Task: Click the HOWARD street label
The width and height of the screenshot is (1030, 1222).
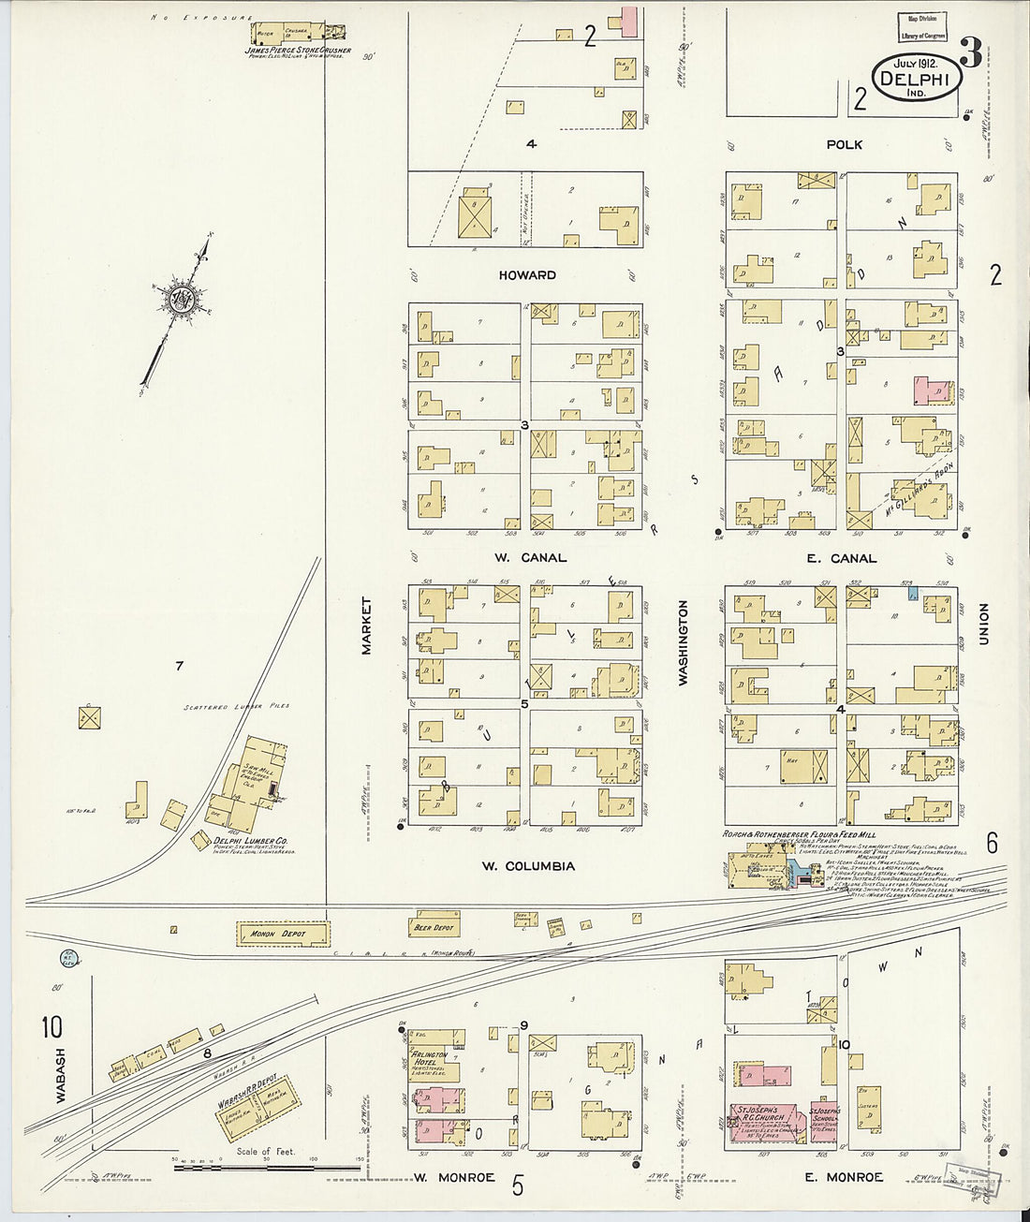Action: pyautogui.click(x=527, y=275)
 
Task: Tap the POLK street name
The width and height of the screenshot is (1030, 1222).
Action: pyautogui.click(x=844, y=145)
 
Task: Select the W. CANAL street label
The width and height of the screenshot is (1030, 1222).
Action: pyautogui.click(x=529, y=558)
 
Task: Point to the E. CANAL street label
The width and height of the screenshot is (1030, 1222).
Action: pyautogui.click(x=840, y=559)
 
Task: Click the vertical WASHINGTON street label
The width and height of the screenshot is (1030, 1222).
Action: pyautogui.click(x=684, y=642)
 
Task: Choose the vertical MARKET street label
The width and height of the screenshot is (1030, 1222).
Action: pyautogui.click(x=367, y=626)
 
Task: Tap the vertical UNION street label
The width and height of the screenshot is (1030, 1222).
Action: pyautogui.click(x=984, y=626)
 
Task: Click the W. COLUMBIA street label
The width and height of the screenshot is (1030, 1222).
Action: pyautogui.click(x=528, y=866)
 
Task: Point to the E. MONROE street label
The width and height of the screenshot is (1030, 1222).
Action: pyautogui.click(x=844, y=1177)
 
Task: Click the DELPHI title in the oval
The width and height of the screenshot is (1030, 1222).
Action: pyautogui.click(x=918, y=81)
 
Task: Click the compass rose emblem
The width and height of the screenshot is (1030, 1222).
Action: pyautogui.click(x=177, y=300)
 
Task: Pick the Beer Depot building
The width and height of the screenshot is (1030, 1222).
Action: pyautogui.click(x=434, y=926)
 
